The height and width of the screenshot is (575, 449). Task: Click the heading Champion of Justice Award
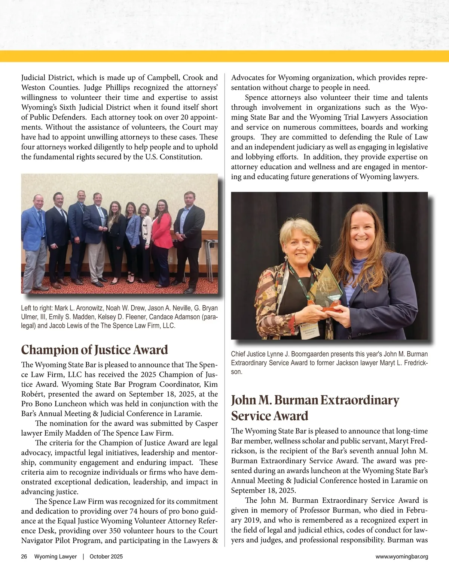click(94, 350)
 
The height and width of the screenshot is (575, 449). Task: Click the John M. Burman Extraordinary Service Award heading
click(315, 408)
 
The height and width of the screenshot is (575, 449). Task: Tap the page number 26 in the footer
click(24, 557)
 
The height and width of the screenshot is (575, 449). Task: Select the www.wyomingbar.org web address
click(402, 557)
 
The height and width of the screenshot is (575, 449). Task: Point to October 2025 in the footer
click(106, 557)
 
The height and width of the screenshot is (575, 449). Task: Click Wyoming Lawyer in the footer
click(55, 557)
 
